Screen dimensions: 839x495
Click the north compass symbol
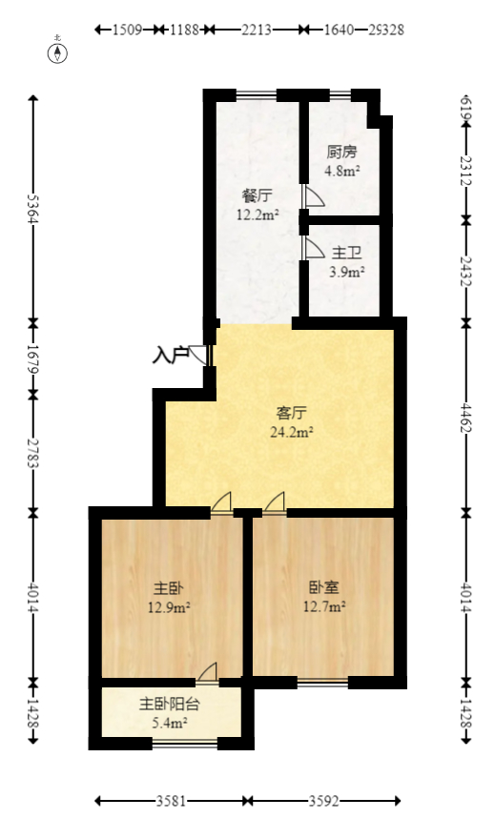[x=58, y=51]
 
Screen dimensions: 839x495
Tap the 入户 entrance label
[x=170, y=356]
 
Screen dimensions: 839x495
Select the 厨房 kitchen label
[x=341, y=152]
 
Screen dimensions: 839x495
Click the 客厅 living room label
[x=291, y=413]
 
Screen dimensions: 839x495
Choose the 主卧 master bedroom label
[x=169, y=588]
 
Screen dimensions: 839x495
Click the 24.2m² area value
[x=291, y=431]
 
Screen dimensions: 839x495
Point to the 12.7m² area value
[x=323, y=606]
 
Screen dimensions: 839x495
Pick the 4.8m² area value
[x=341, y=172]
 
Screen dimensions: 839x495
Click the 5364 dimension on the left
[x=32, y=209]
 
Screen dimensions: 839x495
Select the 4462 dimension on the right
[x=465, y=417]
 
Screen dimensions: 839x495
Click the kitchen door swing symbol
[x=314, y=196]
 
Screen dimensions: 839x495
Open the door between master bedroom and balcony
[x=208, y=672]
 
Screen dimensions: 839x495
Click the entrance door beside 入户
[x=201, y=355]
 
